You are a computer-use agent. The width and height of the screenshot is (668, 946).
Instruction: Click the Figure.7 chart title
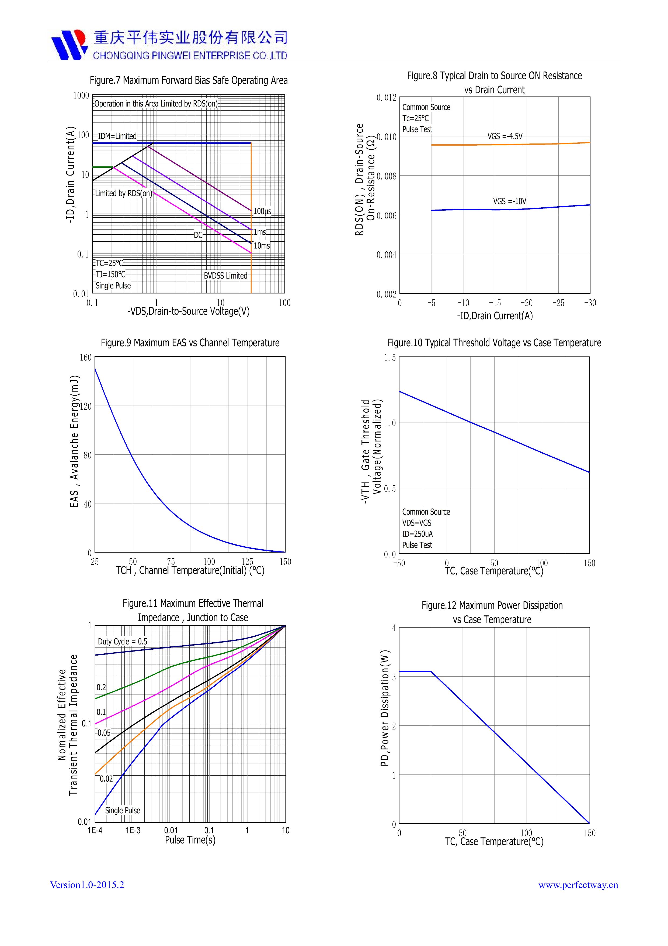tap(189, 80)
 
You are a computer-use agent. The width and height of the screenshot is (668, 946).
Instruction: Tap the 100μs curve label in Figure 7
tap(262, 211)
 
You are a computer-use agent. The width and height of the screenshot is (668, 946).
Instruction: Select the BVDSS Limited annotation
tap(225, 276)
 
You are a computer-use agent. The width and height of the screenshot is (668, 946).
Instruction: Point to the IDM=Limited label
tap(117, 136)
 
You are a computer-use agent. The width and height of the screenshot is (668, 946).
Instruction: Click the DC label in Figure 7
tap(199, 235)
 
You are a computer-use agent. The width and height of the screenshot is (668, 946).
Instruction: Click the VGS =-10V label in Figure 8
tap(510, 201)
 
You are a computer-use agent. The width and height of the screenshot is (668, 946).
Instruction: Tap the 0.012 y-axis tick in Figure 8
tap(386, 98)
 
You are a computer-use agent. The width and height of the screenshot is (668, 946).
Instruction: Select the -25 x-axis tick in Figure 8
tap(558, 303)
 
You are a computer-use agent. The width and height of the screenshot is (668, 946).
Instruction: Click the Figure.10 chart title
tap(494, 343)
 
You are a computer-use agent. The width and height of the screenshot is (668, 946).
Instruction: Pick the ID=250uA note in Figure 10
tap(417, 534)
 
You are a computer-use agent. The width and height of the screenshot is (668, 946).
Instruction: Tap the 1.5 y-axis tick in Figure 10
tap(390, 358)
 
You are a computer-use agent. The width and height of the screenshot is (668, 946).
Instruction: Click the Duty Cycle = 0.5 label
tap(122, 642)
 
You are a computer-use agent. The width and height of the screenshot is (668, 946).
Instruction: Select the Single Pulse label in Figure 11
tap(123, 810)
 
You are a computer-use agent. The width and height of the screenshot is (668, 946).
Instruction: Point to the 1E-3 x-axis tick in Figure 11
tap(133, 830)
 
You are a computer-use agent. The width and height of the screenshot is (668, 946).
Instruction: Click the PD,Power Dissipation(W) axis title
tap(384, 708)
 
